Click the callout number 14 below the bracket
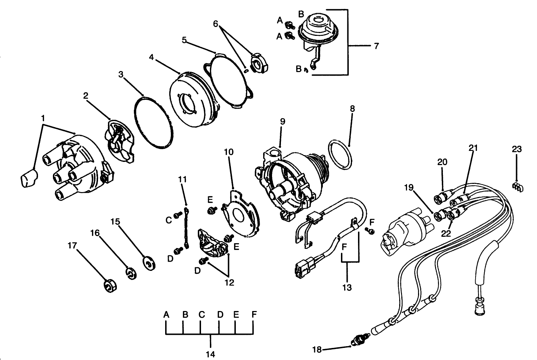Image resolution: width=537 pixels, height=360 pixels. click(x=210, y=354)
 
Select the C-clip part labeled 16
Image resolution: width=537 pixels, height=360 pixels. click(x=132, y=274)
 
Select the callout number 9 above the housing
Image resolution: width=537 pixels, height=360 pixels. click(x=282, y=121)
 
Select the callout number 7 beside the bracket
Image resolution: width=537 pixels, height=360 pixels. click(x=376, y=46)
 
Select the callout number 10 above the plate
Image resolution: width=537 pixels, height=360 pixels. click(x=229, y=152)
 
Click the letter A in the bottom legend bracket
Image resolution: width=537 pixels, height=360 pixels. click(x=166, y=314)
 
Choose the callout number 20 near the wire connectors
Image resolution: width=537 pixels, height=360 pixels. click(x=442, y=162)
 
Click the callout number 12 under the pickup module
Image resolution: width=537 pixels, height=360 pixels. click(x=229, y=282)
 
